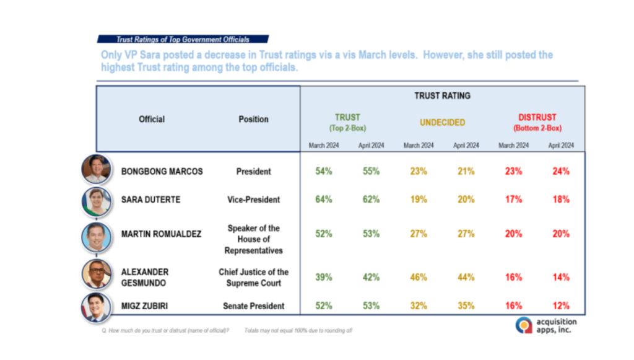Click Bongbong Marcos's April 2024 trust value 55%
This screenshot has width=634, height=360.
coord(371,172)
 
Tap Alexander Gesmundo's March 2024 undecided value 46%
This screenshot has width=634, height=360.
coord(419,278)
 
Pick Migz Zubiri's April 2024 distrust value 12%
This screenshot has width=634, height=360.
coord(561,306)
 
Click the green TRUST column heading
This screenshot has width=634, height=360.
coord(347,117)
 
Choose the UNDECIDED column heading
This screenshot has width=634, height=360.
coord(442,123)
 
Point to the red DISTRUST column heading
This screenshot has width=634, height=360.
coord(537,117)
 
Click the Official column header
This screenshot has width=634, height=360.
coord(152,119)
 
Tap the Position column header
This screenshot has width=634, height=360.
coord(254,119)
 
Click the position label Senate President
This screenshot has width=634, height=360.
coord(254,306)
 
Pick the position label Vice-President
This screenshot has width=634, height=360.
coord(254,200)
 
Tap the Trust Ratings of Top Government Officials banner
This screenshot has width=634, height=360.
coord(183,39)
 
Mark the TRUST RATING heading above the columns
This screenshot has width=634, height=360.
coord(442,96)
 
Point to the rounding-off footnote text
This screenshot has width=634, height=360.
coord(298,331)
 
